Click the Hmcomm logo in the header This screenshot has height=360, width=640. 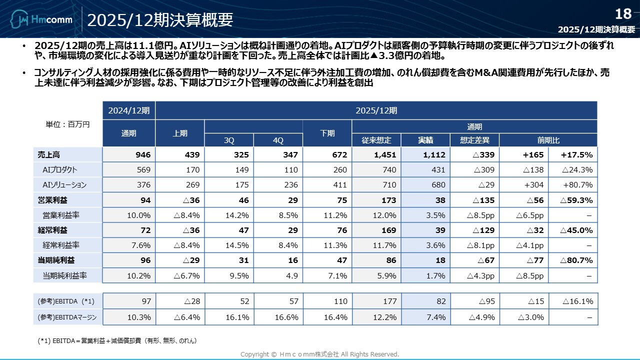tap(41, 20)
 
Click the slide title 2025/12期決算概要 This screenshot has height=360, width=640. tap(160, 20)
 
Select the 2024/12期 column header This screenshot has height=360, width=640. tap(129, 110)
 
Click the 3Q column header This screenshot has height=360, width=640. tap(229, 140)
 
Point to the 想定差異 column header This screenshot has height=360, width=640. tap(474, 140)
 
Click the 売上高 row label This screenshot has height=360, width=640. tap(48, 155)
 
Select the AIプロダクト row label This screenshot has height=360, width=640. tap(60, 170)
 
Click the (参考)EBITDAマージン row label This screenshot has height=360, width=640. tap(67, 317)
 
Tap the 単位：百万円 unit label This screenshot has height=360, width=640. tap(67, 124)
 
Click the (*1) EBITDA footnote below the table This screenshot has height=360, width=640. tap(117, 341)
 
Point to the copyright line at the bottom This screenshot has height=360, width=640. tap(320, 354)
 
